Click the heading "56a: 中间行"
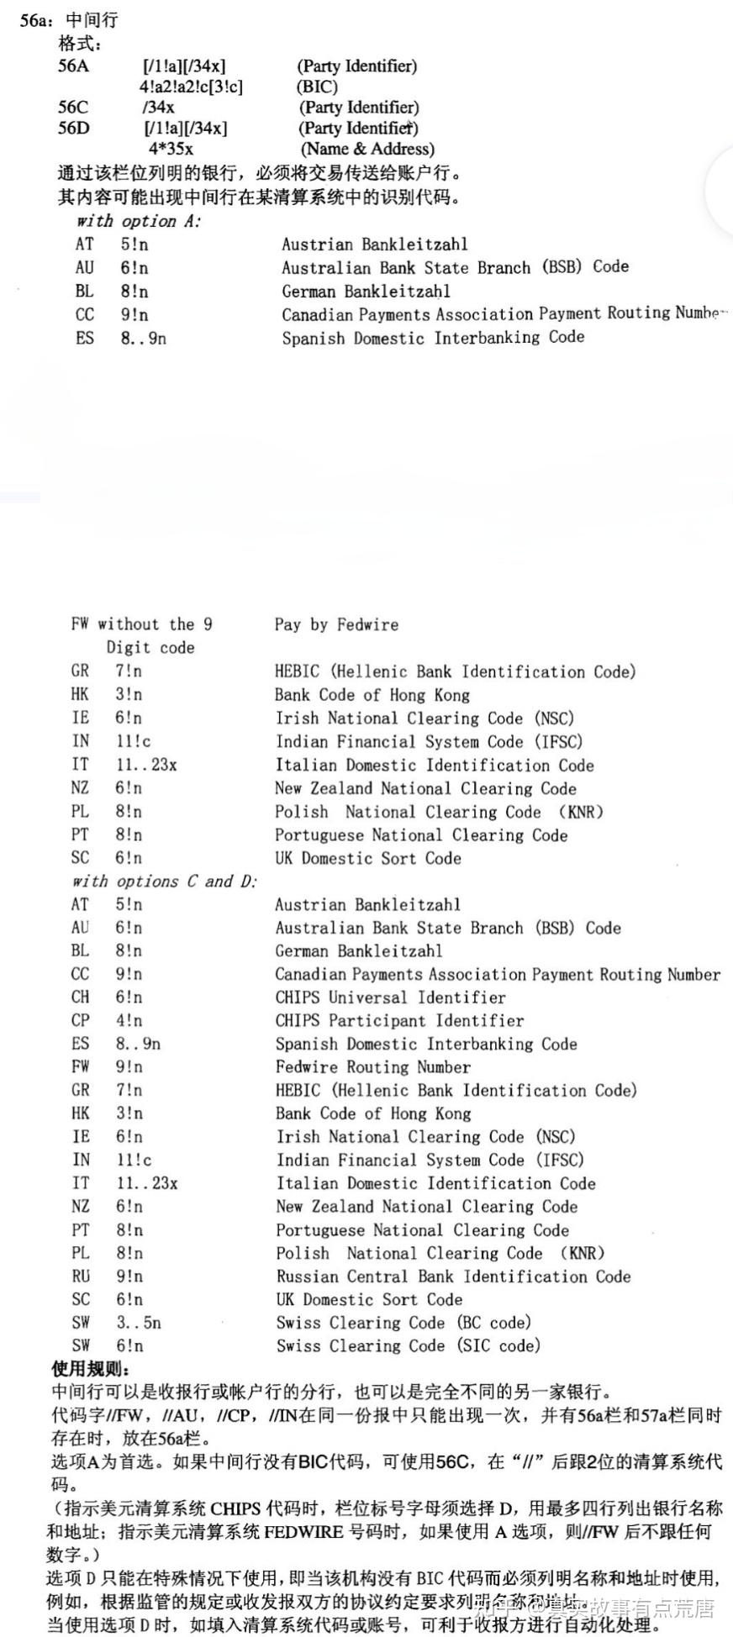pos(69,20)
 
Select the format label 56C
pos(72,108)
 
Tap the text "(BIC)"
pos(317,87)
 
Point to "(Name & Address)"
pos(367,150)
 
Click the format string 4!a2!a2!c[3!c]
pos(191,87)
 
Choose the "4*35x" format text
pos(171,150)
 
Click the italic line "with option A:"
pos(139,222)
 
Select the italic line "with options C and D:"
pos(164,882)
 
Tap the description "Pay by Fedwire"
pos(336,624)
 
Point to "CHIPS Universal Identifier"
pos(390,997)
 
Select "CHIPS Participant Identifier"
pos(399,1021)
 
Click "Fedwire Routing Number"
pos(372,1067)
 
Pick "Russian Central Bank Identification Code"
pos(453,1276)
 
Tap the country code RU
pos(81,1276)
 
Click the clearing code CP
pos(80,1021)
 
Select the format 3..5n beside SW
pos(139,1323)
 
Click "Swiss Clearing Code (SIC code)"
pos(408,1346)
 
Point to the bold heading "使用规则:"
pos(91,1369)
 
